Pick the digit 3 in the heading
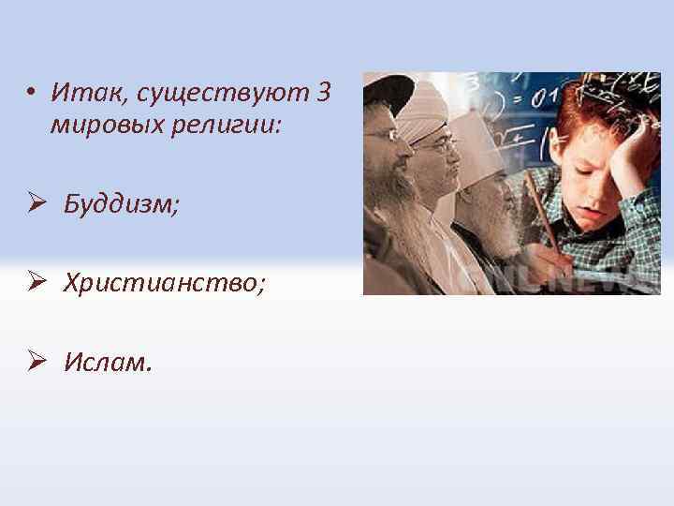324,94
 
